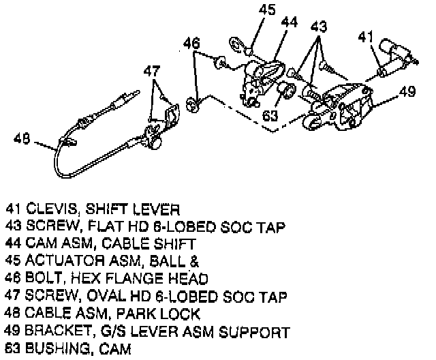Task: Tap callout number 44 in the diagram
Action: click(x=290, y=22)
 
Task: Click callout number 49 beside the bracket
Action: click(x=407, y=92)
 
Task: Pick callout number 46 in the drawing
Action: click(x=193, y=44)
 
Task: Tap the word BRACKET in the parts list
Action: click(x=54, y=333)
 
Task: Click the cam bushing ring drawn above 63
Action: click(x=287, y=90)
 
